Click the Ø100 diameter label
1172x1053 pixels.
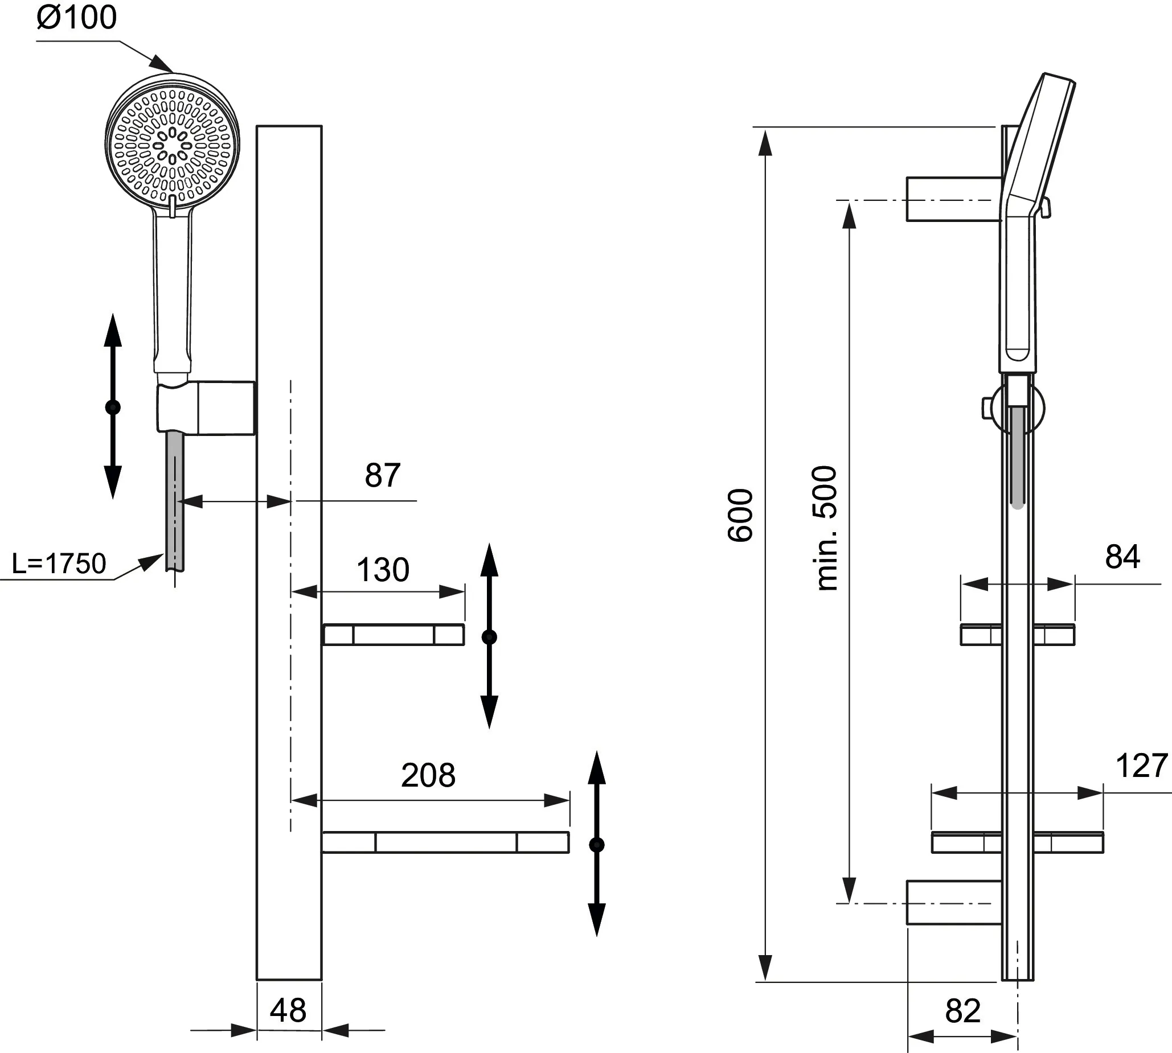click(76, 17)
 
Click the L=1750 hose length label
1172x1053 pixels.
click(59, 563)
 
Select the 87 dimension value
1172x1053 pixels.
click(383, 476)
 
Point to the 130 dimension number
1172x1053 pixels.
click(383, 570)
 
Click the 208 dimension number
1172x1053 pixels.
click(428, 775)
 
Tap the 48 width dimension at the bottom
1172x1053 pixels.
click(288, 1010)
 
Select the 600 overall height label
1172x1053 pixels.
click(740, 516)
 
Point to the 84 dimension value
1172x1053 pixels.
click(1122, 557)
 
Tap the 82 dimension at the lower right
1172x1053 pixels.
click(962, 1011)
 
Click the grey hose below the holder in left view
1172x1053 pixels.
click(175, 500)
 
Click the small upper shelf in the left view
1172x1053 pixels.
click(394, 635)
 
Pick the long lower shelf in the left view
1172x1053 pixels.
click(445, 842)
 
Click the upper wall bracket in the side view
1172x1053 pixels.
click(953, 199)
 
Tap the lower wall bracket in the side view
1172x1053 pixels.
click(953, 903)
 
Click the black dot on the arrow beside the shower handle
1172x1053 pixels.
click(113, 408)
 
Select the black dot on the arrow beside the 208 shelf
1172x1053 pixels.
click(597, 845)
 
